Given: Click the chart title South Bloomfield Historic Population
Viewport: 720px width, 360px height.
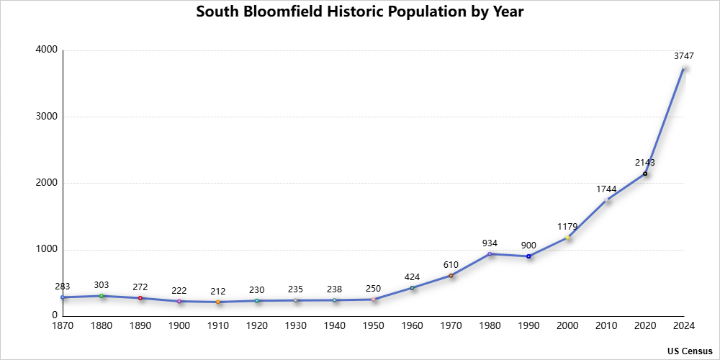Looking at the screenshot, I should pyautogui.click(x=359, y=12).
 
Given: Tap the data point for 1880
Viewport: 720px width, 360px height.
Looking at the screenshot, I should pyautogui.click(x=102, y=296).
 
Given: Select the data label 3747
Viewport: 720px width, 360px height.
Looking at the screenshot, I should pyautogui.click(x=683, y=55).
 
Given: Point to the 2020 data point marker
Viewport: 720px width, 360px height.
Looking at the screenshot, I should pyautogui.click(x=645, y=174).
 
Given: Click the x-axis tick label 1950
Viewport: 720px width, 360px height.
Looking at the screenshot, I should pyautogui.click(x=373, y=326).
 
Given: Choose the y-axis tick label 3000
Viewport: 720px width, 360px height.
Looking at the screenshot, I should pyautogui.click(x=48, y=117).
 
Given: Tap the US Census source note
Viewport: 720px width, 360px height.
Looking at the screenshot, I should pyautogui.click(x=690, y=351).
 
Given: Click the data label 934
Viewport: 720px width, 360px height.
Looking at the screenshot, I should pyautogui.click(x=490, y=243).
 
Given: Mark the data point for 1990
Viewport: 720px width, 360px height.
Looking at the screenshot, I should pyautogui.click(x=528, y=256).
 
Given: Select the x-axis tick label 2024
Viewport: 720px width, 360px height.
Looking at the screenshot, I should pyautogui.click(x=683, y=326).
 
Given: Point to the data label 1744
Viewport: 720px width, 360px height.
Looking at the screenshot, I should pyautogui.click(x=606, y=189).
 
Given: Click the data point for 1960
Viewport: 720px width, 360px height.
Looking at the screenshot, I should pyautogui.click(x=412, y=288).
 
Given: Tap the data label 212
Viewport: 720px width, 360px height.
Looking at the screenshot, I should pyautogui.click(x=218, y=292).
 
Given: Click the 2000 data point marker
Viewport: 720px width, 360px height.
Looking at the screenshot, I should pyautogui.click(x=567, y=238).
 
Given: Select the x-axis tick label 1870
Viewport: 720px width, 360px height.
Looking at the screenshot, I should pyautogui.click(x=63, y=326).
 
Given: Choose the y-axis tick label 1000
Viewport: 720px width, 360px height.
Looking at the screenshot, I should pyautogui.click(x=48, y=250).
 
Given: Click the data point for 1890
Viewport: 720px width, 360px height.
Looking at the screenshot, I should pyautogui.click(x=140, y=298).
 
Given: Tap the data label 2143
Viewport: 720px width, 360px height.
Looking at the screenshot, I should pyautogui.click(x=645, y=163).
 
